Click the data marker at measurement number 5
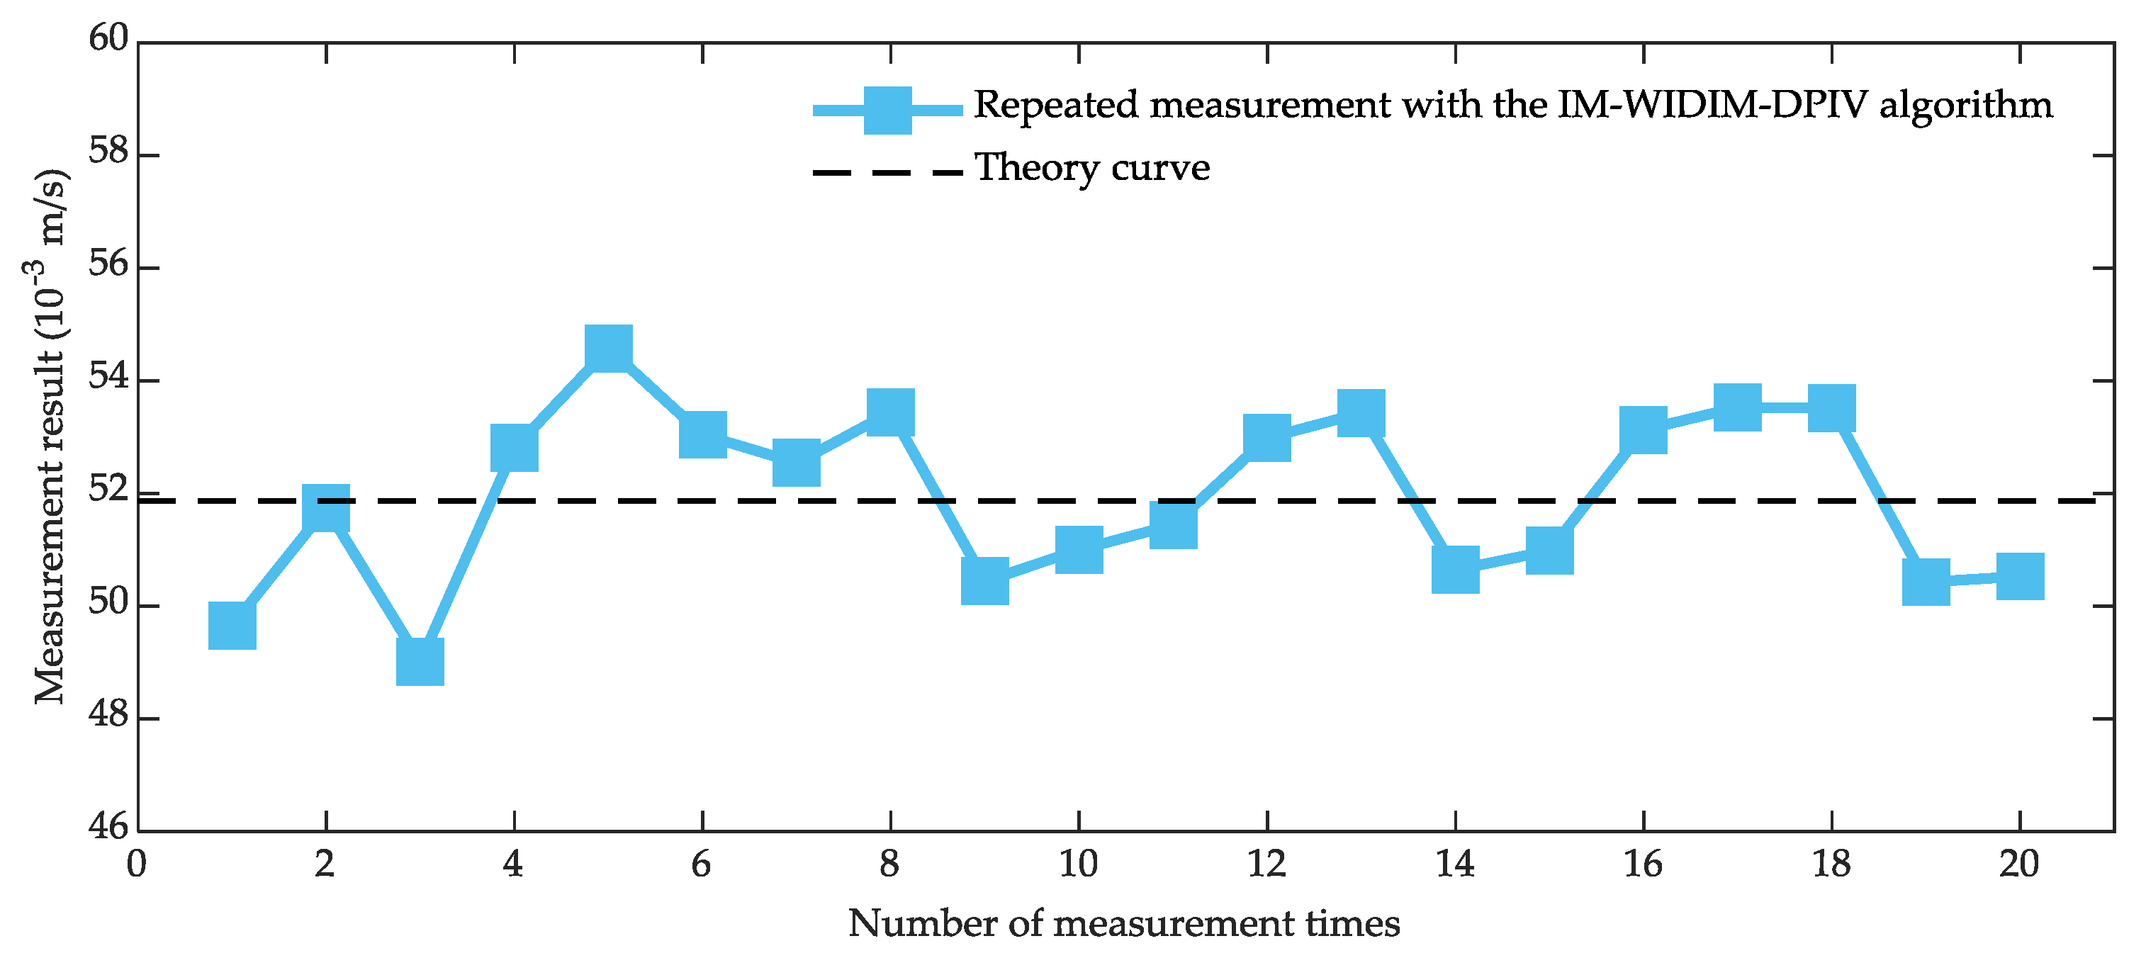(x=608, y=348)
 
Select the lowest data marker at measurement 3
(x=420, y=661)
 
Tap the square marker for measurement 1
(x=232, y=626)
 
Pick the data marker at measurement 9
(x=984, y=580)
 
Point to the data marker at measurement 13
(x=1361, y=413)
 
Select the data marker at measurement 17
(x=1738, y=407)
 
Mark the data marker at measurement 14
(x=1456, y=570)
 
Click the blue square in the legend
(x=888, y=110)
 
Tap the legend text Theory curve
(x=1092, y=168)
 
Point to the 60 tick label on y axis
(x=109, y=38)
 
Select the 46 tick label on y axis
(x=109, y=826)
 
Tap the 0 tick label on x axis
(x=137, y=864)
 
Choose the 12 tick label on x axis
(x=1266, y=864)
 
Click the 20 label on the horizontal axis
(x=2018, y=864)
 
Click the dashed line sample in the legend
(x=888, y=174)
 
